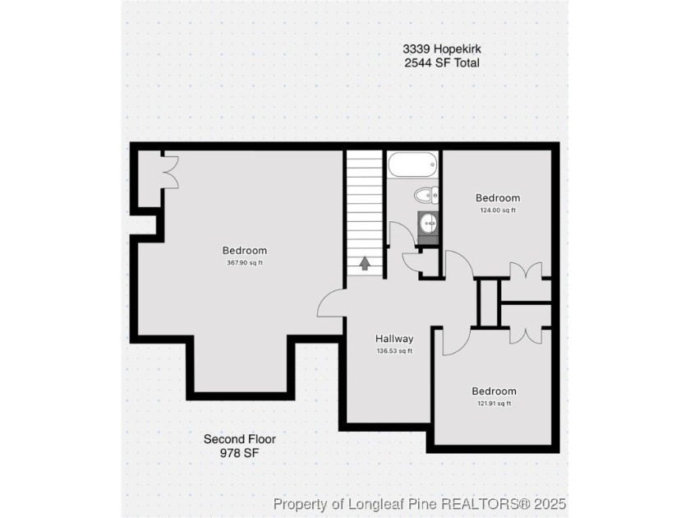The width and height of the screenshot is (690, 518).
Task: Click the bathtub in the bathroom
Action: (x=412, y=164)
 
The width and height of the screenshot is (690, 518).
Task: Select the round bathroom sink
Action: (x=428, y=224)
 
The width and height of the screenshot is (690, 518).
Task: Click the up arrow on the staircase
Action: (x=365, y=263)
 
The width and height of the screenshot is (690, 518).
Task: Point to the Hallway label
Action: (x=394, y=339)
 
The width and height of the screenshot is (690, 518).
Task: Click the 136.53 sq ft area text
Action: (x=394, y=352)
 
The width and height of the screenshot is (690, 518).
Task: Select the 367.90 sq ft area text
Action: (x=245, y=263)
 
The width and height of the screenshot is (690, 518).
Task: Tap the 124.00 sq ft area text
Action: (x=498, y=210)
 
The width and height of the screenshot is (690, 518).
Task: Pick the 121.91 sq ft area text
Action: (x=494, y=404)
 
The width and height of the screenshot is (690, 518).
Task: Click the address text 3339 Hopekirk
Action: (x=442, y=48)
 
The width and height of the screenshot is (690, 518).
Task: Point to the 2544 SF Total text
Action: (x=442, y=62)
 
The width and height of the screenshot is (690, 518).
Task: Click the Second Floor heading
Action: (x=240, y=439)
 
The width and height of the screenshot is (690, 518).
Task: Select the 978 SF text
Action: (x=240, y=453)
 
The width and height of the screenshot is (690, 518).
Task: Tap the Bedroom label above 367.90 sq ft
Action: (x=245, y=251)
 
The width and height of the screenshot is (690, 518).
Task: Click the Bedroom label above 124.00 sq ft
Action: (x=498, y=198)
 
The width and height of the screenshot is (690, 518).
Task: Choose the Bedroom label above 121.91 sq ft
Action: (x=494, y=391)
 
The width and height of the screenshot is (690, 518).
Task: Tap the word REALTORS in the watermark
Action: (x=480, y=503)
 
